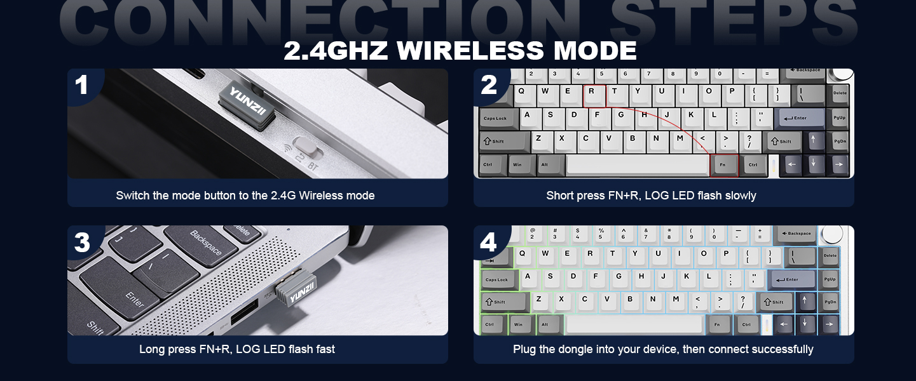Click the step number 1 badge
(x=81, y=85)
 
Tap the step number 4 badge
(x=488, y=242)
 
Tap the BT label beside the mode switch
(x=313, y=166)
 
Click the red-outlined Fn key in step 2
(x=723, y=164)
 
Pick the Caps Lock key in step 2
(x=496, y=119)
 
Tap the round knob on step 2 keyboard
(x=844, y=73)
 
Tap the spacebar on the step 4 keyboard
(x=635, y=324)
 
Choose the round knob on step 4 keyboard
(x=833, y=236)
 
